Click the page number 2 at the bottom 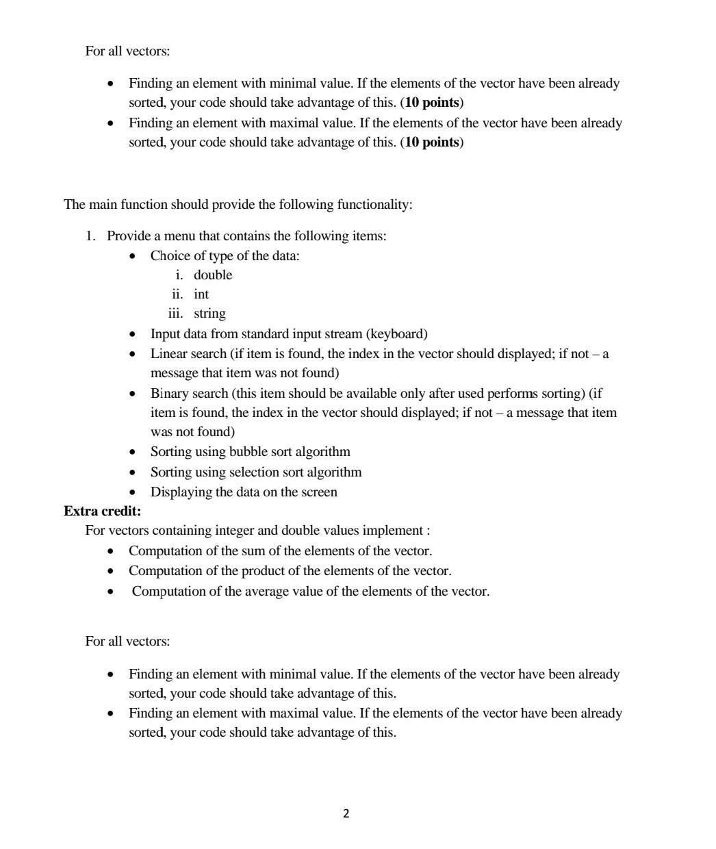(346, 813)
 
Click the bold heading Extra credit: (102, 511)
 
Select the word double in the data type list (213, 275)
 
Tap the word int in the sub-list (201, 294)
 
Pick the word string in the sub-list (209, 313)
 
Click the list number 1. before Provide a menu (90, 236)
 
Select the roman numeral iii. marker (177, 313)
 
